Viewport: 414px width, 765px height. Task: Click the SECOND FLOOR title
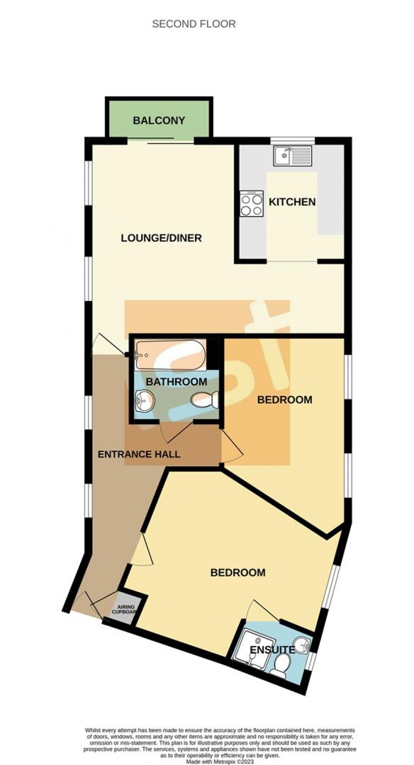tap(194, 24)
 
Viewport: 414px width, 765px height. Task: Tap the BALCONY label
tap(159, 120)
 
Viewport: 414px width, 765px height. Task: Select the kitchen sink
tap(293, 155)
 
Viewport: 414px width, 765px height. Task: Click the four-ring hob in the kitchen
tap(252, 204)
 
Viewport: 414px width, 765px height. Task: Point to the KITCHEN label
tap(292, 202)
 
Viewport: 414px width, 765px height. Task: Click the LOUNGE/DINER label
tap(161, 238)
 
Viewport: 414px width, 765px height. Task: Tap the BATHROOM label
tap(176, 382)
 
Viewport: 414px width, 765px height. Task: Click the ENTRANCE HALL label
tap(138, 454)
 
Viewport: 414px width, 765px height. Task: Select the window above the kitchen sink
tap(293, 140)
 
